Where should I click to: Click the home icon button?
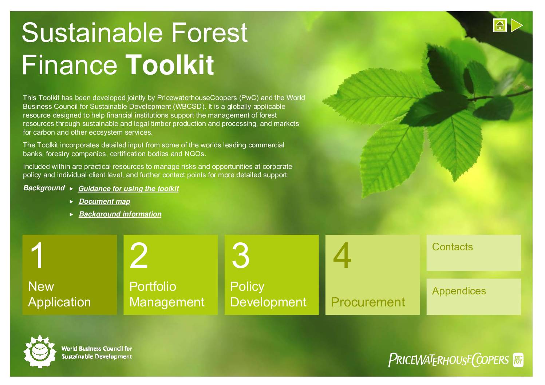(x=500, y=25)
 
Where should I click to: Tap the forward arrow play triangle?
(x=516, y=25)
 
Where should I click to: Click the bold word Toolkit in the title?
(x=170, y=65)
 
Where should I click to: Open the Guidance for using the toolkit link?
(x=129, y=189)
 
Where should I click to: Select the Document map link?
(x=104, y=201)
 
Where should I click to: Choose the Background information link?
(x=120, y=214)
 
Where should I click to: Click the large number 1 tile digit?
(x=37, y=255)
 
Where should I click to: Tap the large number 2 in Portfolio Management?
(x=139, y=255)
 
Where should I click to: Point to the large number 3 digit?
(x=240, y=255)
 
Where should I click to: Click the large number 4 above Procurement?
(x=342, y=255)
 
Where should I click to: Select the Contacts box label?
(x=452, y=247)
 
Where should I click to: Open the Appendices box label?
(x=459, y=291)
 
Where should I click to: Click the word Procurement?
(x=368, y=302)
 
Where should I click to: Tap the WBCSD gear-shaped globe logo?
(x=40, y=352)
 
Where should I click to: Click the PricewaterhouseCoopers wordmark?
(x=449, y=360)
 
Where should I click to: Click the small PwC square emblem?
(x=518, y=360)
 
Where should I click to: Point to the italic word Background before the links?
(x=44, y=188)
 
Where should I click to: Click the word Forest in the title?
(x=210, y=33)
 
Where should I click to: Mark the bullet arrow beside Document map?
(x=71, y=202)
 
